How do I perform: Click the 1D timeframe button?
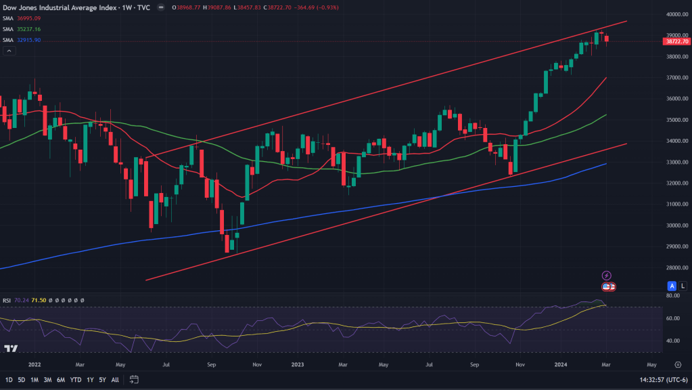[9, 380]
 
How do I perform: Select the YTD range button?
[76, 380]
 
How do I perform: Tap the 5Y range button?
[102, 380]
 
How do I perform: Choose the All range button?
[115, 380]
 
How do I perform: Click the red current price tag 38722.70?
[676, 41]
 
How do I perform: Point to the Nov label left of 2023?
[257, 364]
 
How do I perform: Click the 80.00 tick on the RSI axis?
[672, 296]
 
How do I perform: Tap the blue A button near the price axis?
[672, 286]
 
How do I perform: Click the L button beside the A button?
[683, 286]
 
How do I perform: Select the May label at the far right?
[651, 364]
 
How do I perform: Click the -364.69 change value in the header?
[308, 7]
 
